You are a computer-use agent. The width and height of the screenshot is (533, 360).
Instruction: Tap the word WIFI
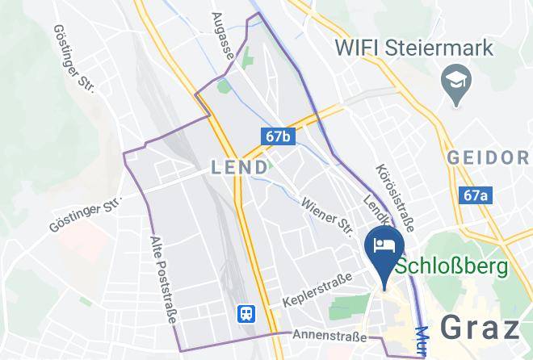(x=359, y=48)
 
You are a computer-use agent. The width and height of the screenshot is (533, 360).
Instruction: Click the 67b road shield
(x=277, y=136)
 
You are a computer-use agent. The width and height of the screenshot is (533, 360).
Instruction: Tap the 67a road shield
(x=477, y=195)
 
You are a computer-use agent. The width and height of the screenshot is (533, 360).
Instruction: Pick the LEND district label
(x=239, y=167)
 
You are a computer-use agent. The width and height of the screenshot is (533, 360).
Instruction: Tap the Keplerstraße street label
(x=317, y=291)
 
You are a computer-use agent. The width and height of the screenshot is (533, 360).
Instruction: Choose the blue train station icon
(x=243, y=313)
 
